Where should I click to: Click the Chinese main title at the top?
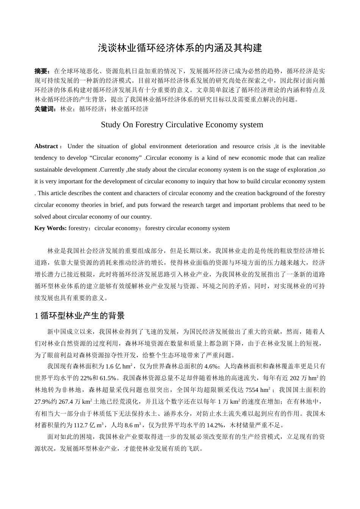180,48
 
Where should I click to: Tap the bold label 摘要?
41,71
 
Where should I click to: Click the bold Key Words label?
50,228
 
